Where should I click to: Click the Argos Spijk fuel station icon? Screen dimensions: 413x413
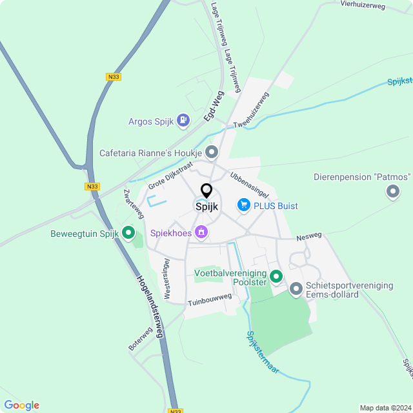184,121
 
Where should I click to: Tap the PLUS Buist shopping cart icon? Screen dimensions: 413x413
243,205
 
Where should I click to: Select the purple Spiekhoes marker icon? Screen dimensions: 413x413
201,231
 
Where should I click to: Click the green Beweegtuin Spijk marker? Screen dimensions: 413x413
128,232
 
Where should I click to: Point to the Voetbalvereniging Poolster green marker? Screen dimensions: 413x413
276,277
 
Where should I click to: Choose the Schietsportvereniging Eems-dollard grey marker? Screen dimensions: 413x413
296,288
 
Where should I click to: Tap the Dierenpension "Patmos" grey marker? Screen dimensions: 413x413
392,192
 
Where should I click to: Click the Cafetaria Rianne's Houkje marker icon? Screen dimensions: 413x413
212,152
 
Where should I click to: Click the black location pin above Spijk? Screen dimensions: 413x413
206,191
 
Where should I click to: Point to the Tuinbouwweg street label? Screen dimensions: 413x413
210,299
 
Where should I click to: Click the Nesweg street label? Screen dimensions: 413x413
308,237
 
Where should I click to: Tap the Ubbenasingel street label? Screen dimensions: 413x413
249,185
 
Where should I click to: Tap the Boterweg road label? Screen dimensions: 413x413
140,339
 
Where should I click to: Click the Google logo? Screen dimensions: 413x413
21,405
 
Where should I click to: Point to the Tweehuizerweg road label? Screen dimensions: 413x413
251,110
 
